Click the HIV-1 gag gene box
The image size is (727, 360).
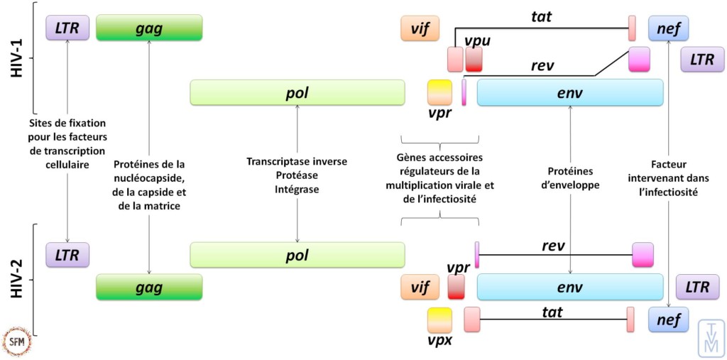[x=149, y=28]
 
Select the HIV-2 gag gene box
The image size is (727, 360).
[x=149, y=288]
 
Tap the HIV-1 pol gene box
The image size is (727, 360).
[x=297, y=93]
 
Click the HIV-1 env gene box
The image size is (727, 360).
[x=570, y=93]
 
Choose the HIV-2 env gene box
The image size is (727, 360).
[x=570, y=287]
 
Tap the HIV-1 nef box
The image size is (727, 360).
[x=668, y=28]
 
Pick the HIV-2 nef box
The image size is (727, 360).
[x=668, y=320]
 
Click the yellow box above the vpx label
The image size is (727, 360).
[x=439, y=320]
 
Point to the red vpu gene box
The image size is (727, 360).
[x=474, y=60]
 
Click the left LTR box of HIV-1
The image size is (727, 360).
[x=67, y=28]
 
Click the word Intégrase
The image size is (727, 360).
[x=297, y=190]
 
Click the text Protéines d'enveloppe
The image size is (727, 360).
[x=571, y=178]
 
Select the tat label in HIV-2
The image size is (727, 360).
[x=552, y=312]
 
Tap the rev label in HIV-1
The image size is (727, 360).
[x=542, y=65]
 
